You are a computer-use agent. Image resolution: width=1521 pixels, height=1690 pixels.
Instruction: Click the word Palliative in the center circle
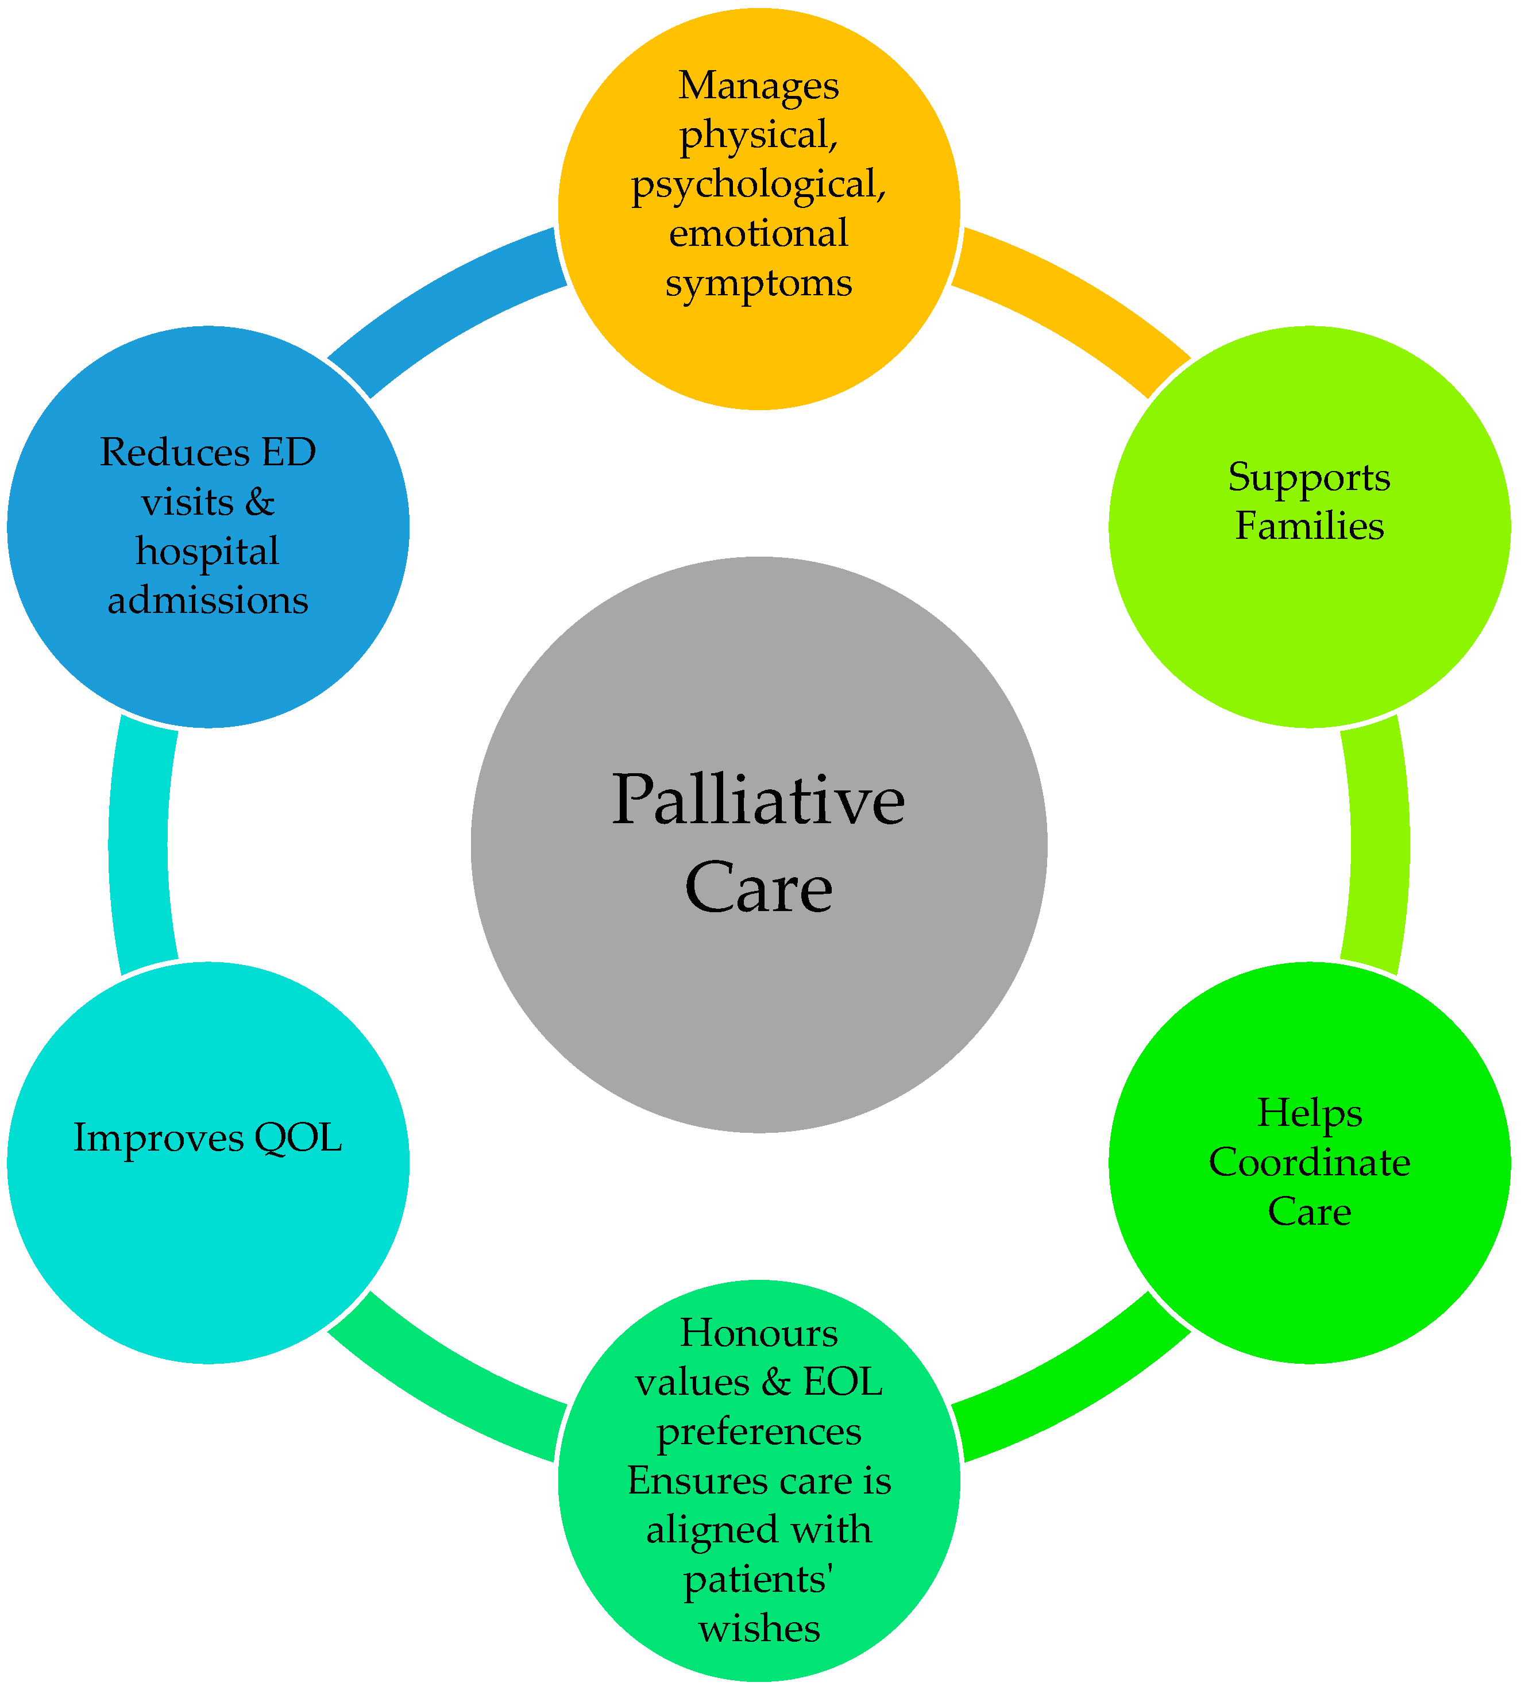tap(758, 801)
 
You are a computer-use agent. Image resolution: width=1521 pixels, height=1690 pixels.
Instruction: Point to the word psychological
tap(758, 184)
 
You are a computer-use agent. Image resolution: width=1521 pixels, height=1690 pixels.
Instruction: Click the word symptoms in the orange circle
tap(758, 283)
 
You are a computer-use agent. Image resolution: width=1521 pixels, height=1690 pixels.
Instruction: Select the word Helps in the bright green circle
tap(1308, 1113)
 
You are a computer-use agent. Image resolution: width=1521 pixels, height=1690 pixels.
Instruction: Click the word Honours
tap(758, 1333)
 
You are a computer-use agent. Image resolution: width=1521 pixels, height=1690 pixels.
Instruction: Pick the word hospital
tap(207, 551)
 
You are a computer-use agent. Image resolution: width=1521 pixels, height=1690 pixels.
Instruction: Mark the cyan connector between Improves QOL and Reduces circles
tap(140, 844)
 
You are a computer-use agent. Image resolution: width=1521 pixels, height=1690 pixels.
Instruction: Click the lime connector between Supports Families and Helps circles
tap(1379, 844)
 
